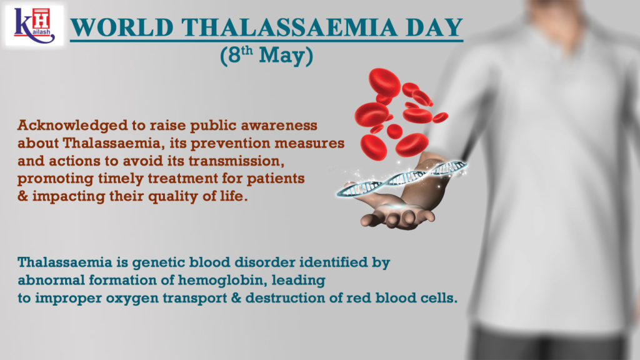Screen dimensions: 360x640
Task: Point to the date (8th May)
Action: point(266,55)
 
